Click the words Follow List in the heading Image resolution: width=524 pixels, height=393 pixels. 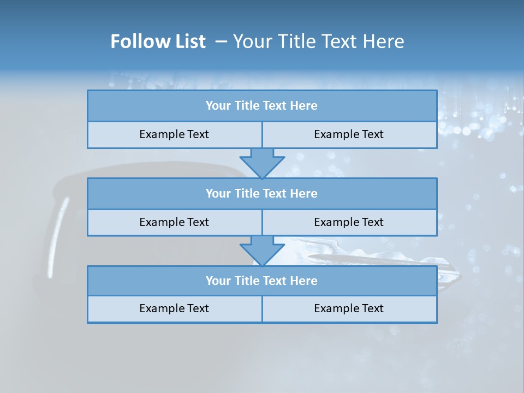[x=158, y=41]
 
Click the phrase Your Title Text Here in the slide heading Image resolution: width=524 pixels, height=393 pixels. [x=319, y=41]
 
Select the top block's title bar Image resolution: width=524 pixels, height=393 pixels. [x=262, y=106]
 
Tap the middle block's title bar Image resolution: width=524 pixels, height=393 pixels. [x=262, y=194]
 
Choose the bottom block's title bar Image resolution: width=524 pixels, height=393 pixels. [x=262, y=281]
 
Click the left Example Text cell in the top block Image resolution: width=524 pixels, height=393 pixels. [x=174, y=135]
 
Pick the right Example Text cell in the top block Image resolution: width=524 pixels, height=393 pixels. [x=349, y=135]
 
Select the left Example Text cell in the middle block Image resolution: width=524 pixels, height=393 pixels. [x=174, y=223]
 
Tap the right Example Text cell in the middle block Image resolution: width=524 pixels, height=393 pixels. [x=349, y=223]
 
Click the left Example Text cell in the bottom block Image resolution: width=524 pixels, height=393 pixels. [x=174, y=309]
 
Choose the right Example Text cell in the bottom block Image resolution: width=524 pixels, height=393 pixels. [x=349, y=309]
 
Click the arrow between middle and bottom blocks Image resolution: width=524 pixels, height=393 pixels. [x=262, y=251]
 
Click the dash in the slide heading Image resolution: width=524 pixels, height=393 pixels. [x=221, y=41]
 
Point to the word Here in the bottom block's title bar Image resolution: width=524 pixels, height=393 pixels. [x=304, y=281]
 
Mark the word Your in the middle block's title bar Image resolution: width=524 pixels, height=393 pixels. [x=218, y=194]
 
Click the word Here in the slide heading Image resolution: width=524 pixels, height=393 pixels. [x=385, y=41]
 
